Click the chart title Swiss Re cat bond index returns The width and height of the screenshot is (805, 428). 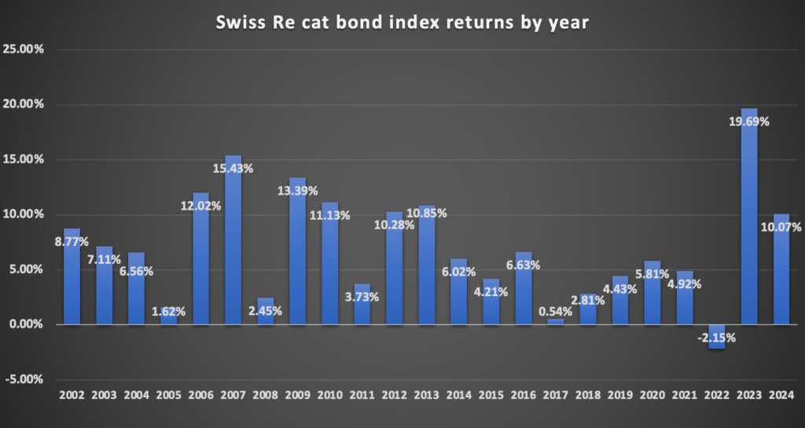click(402, 24)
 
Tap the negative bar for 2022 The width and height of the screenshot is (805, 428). click(717, 336)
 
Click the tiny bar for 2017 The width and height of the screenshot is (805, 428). click(556, 321)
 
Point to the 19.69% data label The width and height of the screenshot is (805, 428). click(748, 122)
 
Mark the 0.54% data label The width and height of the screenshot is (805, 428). click(555, 311)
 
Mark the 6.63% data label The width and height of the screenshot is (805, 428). click(523, 265)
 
